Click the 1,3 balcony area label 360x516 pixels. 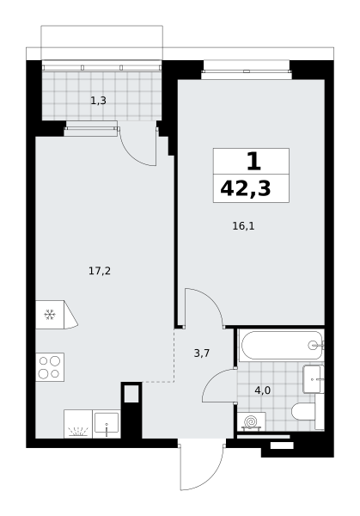click(98, 101)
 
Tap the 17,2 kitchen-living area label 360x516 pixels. click(100, 271)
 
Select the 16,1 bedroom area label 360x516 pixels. click(243, 226)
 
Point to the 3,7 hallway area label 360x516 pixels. click(202, 353)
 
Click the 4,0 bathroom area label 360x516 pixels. click(262, 390)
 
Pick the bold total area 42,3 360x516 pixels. click(245, 189)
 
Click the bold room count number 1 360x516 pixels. click(253, 162)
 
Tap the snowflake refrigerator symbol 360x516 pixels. click(50, 315)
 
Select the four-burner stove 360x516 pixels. click(50, 367)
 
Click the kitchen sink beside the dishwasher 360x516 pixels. click(107, 424)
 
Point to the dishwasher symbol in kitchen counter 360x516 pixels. click(78, 424)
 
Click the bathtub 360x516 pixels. click(282, 345)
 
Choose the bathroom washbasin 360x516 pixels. click(314, 378)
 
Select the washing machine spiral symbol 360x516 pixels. click(251, 422)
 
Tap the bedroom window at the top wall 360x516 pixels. click(247, 71)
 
